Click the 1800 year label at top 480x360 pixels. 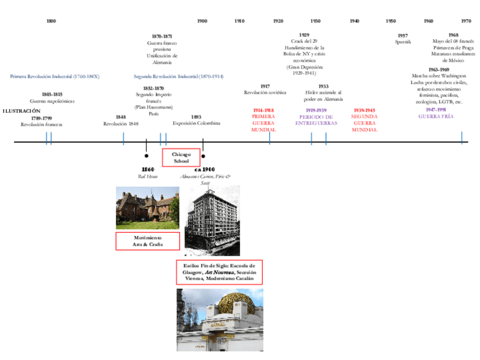(51, 21)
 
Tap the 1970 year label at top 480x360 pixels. (466, 21)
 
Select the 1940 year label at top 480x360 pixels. (354, 21)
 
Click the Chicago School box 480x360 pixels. (181, 157)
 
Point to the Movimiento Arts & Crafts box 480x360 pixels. (148, 241)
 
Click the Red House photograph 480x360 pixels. (148, 208)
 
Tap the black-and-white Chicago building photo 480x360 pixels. (212, 220)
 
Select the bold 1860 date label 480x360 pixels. (148, 169)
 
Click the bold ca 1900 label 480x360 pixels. (204, 169)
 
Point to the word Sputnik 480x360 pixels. (403, 42)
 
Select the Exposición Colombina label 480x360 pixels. (196, 123)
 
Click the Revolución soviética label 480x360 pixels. (265, 92)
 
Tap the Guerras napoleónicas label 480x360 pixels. (52, 101)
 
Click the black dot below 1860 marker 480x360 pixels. (147, 155)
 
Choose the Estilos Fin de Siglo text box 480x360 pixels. (219, 272)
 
